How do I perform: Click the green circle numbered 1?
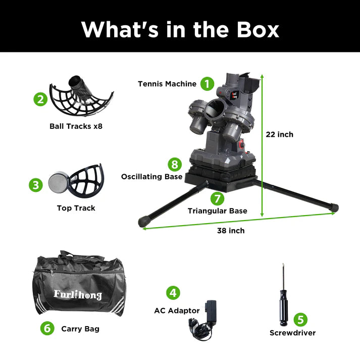tap(207, 84)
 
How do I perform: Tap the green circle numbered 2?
tap(40, 99)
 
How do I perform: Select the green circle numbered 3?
tap(36, 185)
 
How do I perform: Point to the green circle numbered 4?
tap(173, 293)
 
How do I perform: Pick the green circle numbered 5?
tap(300, 320)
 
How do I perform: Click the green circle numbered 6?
tap(47, 328)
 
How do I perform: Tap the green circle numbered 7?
tap(217, 198)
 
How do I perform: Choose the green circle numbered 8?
tap(175, 165)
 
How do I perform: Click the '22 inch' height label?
tap(279, 134)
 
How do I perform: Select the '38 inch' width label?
tap(231, 231)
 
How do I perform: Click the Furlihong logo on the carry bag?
tap(78, 294)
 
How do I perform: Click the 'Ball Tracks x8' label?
tap(76, 126)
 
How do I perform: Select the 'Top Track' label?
tap(76, 208)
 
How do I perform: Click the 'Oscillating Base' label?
tap(152, 177)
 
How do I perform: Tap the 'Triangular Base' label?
tap(218, 211)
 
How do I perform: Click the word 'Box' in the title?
tap(258, 30)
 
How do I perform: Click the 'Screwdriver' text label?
tap(292, 333)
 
